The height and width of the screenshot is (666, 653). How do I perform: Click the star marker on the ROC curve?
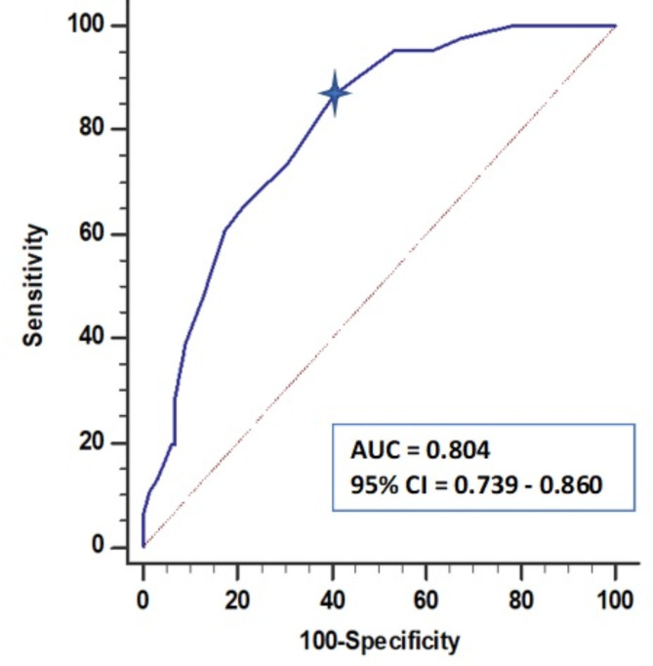click(x=335, y=94)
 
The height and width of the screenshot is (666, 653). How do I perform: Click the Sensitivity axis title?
click(x=35, y=284)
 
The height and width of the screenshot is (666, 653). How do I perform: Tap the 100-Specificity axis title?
click(x=380, y=642)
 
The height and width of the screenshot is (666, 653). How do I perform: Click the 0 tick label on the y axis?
click(x=100, y=547)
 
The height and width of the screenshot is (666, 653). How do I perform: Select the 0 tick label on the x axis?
click(x=143, y=598)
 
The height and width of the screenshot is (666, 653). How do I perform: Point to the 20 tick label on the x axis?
click(x=237, y=598)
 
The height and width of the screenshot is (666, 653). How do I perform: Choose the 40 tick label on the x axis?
click(x=332, y=598)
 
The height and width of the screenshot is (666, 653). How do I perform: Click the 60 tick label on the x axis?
click(x=427, y=598)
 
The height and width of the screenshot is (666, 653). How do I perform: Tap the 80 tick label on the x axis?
click(x=521, y=598)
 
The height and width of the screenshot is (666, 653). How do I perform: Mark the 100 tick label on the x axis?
click(x=615, y=598)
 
